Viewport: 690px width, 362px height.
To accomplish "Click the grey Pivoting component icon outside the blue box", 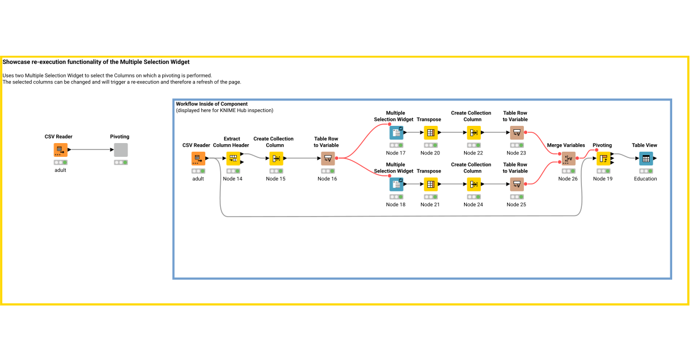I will coord(121,150).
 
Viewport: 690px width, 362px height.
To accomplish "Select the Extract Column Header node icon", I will coord(233,158).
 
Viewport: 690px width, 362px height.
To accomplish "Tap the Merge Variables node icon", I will coord(568,159).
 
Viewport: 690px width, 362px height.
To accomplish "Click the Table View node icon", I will coord(646,158).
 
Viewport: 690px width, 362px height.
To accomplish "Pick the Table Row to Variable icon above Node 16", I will coord(327,158).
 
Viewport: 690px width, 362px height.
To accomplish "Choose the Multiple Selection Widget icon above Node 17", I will coord(396,133).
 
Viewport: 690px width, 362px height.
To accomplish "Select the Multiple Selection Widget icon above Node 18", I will coord(396,184).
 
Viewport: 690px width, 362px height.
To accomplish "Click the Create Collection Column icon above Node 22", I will coord(473,133).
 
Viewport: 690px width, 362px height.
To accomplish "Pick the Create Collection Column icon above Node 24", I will coord(473,184).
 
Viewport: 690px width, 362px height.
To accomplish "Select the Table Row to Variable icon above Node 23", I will coord(516,133).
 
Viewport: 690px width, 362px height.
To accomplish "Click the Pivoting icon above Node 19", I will coord(603,158).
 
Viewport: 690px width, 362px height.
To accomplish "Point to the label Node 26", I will coord(568,179).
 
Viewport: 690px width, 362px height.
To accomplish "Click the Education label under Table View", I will coord(645,179).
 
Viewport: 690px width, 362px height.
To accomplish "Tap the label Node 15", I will coord(275,179).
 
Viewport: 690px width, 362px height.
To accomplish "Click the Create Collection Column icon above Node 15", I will coord(275,158).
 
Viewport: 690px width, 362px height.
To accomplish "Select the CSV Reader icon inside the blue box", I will coord(198,158).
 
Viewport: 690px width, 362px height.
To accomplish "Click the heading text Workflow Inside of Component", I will coord(212,104).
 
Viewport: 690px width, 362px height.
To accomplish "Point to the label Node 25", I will coord(516,205).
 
